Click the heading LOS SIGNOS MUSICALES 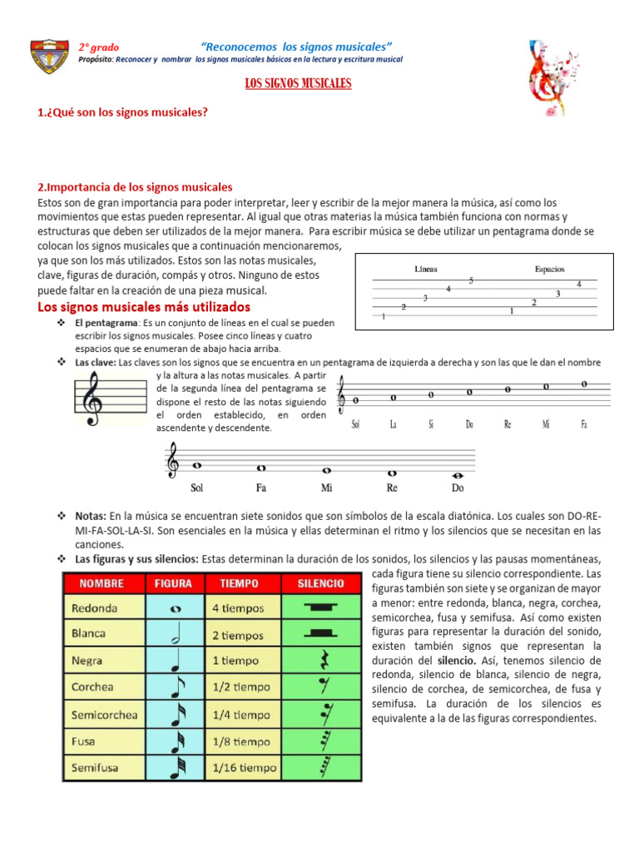pos(297,84)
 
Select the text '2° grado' pos(99,47)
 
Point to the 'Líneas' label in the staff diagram pos(426,270)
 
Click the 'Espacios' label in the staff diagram pos(549,270)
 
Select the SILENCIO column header pos(320,583)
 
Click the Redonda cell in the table pos(94,608)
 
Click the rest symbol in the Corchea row pos(320,688)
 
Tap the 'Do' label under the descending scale pos(458,488)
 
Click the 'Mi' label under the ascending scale pos(546,424)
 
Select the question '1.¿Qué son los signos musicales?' pos(122,111)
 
